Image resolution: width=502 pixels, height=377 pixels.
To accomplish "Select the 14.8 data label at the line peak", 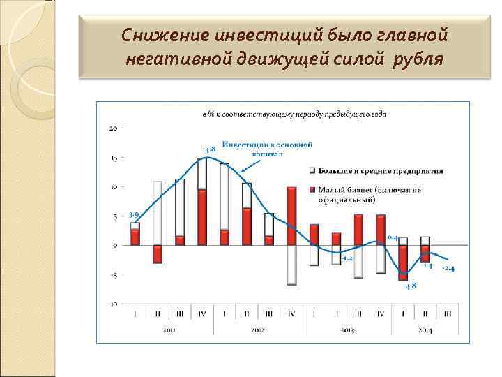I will pos(208,149).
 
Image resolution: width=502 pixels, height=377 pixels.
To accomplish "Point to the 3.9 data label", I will pos(135,214).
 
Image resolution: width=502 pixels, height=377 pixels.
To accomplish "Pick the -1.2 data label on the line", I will pos(347,258).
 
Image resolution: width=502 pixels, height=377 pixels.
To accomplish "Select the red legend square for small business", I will pos(312,189).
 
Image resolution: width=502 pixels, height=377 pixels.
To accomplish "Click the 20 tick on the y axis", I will pos(113,128).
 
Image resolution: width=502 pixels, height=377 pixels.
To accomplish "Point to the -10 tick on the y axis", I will pos(112,304).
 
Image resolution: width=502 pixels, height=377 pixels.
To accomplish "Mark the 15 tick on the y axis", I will pos(113,158).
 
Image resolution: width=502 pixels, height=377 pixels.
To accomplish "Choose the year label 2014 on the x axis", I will pos(425,330).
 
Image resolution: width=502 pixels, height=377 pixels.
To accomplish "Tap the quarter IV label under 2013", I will pos(380,314).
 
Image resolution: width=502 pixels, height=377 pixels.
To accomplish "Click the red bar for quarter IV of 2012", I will pos(291,216).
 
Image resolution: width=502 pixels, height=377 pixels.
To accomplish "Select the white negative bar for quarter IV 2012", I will pos(291,265).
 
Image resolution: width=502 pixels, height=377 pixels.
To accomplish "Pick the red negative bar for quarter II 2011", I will pos(158,254).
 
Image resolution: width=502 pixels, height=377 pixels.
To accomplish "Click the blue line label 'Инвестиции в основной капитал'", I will pos(267,149).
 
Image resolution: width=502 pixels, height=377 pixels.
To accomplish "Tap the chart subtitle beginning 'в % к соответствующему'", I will pos(294,114).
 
